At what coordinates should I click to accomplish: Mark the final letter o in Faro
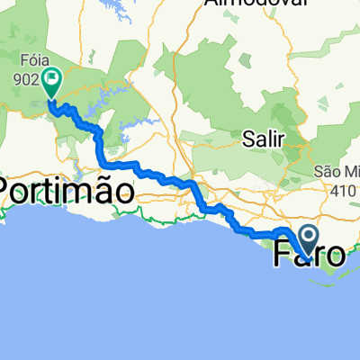[334, 256]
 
